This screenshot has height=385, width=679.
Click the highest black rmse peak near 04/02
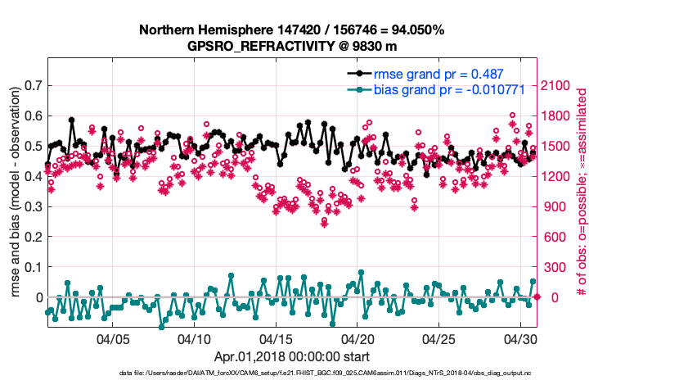click(x=72, y=120)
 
